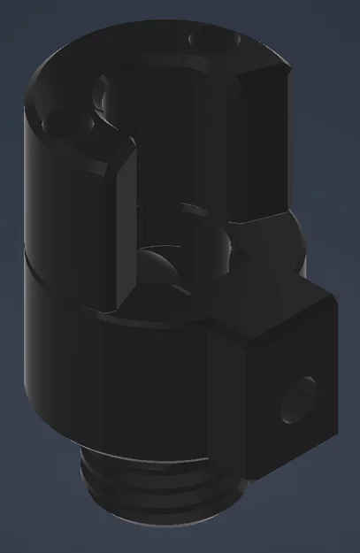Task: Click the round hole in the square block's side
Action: click(297, 399)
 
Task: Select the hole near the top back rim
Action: click(209, 38)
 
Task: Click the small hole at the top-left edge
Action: click(62, 125)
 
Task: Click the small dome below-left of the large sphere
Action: click(157, 265)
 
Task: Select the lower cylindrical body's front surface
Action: click(115, 380)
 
